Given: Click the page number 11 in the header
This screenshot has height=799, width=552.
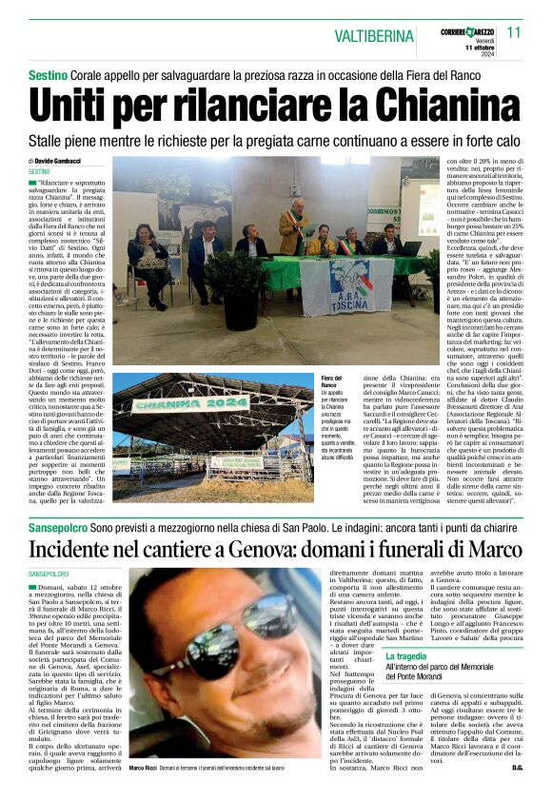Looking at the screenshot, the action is [x=514, y=32].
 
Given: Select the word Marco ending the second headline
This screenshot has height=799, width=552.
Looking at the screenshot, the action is [x=489, y=550].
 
